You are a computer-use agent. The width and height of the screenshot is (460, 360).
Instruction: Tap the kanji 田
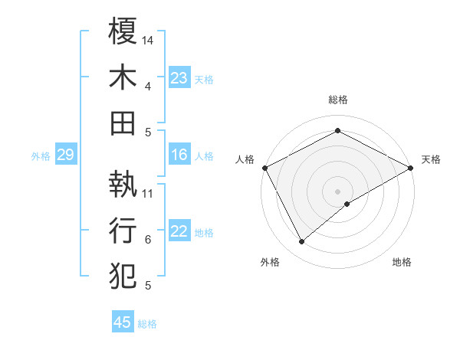(123, 123)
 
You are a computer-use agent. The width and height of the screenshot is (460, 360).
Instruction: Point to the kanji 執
(123, 184)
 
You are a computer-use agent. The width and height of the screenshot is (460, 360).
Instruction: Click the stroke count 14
(149, 39)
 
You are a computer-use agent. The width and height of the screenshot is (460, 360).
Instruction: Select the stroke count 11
(149, 193)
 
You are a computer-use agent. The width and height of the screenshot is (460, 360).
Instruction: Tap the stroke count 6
(148, 240)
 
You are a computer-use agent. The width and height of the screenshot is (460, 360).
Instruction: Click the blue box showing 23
(179, 77)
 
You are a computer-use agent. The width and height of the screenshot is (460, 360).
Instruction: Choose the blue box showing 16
(179, 155)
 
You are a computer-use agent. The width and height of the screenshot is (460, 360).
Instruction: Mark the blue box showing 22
(179, 232)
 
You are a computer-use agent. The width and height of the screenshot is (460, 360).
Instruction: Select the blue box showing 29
(65, 155)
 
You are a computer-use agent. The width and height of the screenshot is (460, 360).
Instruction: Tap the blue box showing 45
(123, 322)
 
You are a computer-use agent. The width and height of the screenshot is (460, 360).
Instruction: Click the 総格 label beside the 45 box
(147, 324)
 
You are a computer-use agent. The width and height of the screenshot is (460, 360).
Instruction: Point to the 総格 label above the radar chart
(338, 100)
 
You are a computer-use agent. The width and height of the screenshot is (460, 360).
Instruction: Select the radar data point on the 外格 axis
(302, 242)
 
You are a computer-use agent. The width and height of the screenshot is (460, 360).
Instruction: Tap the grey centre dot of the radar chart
(338, 191)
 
